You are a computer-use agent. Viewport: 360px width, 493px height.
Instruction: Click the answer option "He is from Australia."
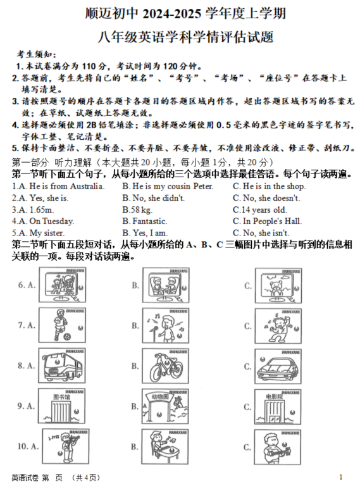tap(66, 187)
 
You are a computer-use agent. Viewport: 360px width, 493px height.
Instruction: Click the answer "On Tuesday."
tap(52, 222)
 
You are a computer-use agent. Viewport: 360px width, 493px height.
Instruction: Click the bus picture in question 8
tap(62, 365)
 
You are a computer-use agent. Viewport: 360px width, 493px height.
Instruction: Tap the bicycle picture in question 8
tap(165, 366)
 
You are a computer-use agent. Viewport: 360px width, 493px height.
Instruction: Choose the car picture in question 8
tap(278, 366)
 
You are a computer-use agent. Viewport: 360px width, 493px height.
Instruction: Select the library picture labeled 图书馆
tap(61, 406)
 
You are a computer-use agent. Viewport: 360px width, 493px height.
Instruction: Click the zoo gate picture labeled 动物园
tap(165, 406)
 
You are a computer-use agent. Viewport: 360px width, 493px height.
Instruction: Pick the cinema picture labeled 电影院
tap(278, 407)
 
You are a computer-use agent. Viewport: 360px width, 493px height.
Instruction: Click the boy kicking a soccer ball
tap(62, 325)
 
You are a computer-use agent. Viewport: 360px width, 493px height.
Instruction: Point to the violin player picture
tap(66, 446)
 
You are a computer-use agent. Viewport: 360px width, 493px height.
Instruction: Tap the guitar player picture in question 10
tap(278, 447)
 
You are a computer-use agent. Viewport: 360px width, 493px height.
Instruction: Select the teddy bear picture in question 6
tap(278, 285)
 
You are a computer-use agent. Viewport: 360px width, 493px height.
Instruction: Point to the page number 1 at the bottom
tap(341, 477)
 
